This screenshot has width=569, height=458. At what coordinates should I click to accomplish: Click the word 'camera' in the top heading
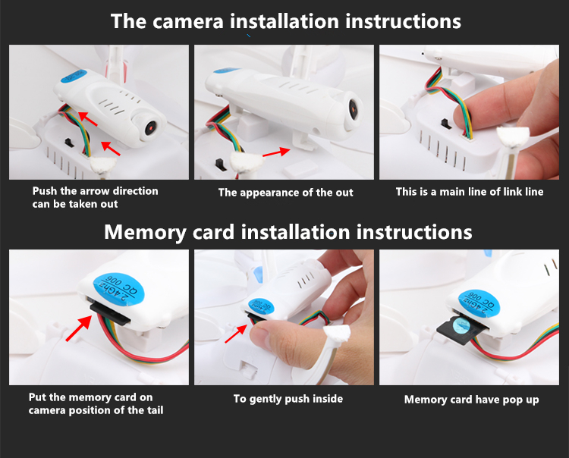click(187, 22)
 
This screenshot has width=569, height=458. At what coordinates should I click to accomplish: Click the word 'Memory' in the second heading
click(145, 232)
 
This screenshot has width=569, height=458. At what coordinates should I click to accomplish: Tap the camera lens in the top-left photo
click(151, 127)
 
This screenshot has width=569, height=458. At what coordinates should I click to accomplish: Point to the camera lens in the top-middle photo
click(353, 110)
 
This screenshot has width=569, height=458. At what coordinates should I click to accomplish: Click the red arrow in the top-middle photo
click(276, 152)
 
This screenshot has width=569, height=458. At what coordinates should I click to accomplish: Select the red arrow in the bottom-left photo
click(79, 328)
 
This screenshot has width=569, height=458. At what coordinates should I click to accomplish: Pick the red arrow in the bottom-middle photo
click(236, 334)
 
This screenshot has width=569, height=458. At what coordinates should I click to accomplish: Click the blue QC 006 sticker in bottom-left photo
click(118, 290)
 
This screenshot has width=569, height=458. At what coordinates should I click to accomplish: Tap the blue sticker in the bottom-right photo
click(479, 303)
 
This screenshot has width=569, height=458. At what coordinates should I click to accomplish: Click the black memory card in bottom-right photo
click(460, 329)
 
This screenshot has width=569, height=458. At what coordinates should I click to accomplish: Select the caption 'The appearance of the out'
click(285, 193)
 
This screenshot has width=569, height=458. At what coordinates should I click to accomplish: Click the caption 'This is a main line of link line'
click(470, 192)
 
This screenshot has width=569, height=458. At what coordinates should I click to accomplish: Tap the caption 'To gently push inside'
click(288, 399)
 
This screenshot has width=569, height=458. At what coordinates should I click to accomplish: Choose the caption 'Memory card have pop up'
click(471, 400)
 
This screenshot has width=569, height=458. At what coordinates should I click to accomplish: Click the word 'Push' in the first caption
click(45, 191)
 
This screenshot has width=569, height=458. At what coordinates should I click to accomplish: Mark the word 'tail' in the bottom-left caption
click(156, 410)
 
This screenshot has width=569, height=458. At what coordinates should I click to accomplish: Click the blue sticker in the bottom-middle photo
click(260, 306)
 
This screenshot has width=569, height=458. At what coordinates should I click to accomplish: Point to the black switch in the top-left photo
click(68, 143)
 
